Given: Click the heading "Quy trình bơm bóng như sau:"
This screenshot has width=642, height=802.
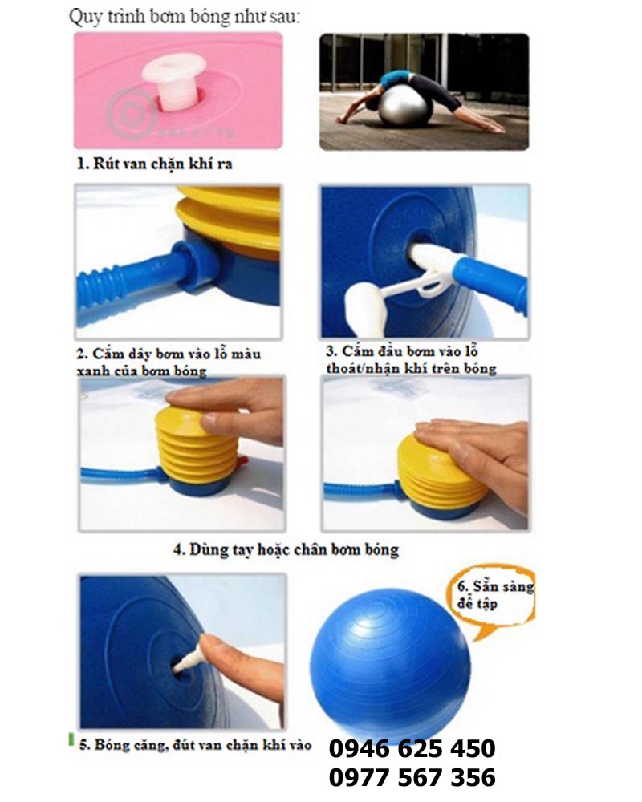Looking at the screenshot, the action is pyautogui.click(x=185, y=17).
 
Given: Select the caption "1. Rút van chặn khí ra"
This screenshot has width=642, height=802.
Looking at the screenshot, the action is pyautogui.click(x=155, y=164).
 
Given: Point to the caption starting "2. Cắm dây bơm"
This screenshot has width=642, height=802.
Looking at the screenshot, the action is pyautogui.click(x=169, y=363).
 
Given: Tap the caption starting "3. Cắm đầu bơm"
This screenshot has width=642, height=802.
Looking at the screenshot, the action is pyautogui.click(x=411, y=359).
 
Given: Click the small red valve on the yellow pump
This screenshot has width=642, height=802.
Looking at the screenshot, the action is pyautogui.click(x=242, y=462).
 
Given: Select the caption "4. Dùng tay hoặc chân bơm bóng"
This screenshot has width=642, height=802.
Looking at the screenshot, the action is pyautogui.click(x=286, y=550).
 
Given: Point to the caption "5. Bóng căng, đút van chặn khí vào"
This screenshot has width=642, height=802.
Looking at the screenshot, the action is pyautogui.click(x=195, y=745).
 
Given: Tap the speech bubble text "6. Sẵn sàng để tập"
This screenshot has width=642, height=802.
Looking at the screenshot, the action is pyautogui.click(x=495, y=594).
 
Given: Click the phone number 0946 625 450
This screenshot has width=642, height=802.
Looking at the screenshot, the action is pyautogui.click(x=412, y=748).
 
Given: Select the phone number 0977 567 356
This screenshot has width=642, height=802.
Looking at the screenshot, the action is pyautogui.click(x=412, y=777).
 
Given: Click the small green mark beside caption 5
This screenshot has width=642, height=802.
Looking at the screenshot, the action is pyautogui.click(x=71, y=739).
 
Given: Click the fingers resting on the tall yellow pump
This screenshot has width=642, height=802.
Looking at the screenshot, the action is pyautogui.click(x=230, y=409).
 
